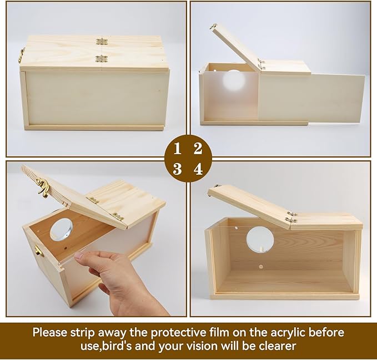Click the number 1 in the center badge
(x=178, y=149)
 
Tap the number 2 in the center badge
(x=198, y=149)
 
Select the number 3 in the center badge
(x=178, y=169)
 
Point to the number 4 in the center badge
(x=198, y=169)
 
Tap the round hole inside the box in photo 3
(x=61, y=229)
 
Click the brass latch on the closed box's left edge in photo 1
(x=22, y=54)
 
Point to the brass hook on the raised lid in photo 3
(x=43, y=188)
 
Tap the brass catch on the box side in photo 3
(x=38, y=251)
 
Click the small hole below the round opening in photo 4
(x=260, y=267)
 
